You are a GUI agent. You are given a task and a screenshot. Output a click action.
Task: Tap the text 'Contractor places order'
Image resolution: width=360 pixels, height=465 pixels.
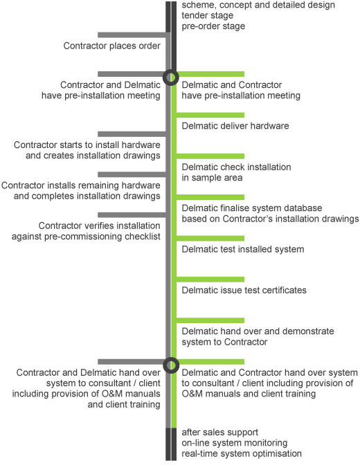pos(111,46)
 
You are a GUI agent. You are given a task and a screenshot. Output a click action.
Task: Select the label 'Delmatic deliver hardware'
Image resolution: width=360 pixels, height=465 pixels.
pos(235,126)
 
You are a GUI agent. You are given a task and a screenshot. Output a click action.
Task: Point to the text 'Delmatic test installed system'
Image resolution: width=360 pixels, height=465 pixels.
pos(243,249)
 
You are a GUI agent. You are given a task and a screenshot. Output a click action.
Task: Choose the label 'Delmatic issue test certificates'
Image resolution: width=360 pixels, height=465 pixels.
pos(244,290)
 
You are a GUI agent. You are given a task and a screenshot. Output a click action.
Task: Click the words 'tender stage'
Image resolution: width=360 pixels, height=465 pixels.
pos(208,15)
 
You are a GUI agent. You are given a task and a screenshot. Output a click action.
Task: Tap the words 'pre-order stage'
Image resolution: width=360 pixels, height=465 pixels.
pos(213,26)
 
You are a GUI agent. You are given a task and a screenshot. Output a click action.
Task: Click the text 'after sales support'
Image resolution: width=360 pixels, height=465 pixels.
pos(220,432)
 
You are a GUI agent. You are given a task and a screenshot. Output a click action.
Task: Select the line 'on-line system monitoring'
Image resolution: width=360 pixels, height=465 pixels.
pos(235,443)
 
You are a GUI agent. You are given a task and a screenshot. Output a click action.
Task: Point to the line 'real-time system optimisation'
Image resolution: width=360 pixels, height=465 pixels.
pos(242,454)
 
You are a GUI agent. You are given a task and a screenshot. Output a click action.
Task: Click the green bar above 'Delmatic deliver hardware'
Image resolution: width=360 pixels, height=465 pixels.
pos(210,115)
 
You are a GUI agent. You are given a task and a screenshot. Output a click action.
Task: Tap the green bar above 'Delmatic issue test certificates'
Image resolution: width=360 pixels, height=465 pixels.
pos(210,280)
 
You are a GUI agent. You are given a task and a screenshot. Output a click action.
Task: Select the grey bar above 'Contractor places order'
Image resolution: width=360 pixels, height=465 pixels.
pos(132,35)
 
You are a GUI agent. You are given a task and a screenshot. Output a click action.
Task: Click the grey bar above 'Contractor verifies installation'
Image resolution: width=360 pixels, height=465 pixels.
pos(132,215)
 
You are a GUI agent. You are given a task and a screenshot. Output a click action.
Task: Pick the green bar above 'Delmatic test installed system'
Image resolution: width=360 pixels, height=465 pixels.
pos(210,238)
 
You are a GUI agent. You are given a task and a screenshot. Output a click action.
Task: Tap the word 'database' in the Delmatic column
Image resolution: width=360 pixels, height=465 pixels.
pos(303,208)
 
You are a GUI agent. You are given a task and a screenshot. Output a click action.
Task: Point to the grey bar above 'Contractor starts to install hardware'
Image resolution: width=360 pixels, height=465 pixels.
pos(132,134)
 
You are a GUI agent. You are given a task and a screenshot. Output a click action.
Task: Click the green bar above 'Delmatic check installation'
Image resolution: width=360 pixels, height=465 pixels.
pos(210,156)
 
